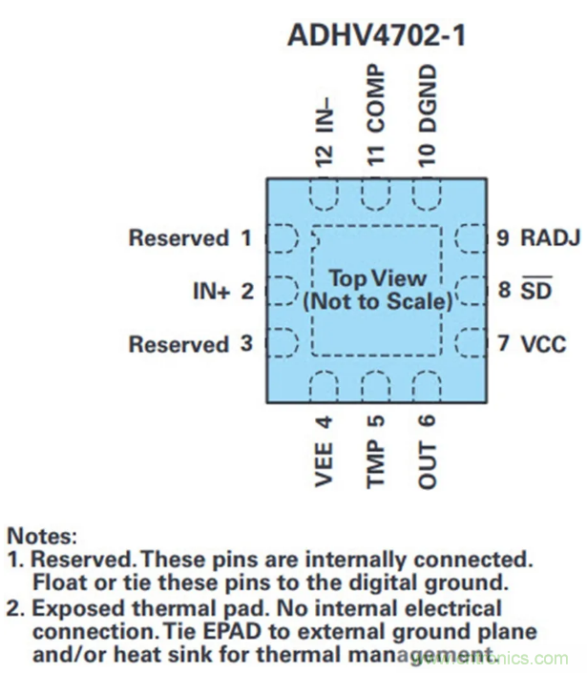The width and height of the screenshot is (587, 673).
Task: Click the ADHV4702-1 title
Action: click(x=377, y=37)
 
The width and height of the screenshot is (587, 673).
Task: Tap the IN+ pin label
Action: click(x=211, y=292)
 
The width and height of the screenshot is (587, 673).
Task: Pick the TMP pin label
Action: click(x=376, y=466)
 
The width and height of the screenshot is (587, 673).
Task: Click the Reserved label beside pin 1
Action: click(x=178, y=238)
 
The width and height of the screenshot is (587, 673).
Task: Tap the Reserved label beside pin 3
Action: click(x=178, y=344)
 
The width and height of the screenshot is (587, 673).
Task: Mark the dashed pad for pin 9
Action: click(x=472, y=237)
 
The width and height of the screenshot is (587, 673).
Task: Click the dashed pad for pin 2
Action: click(x=281, y=290)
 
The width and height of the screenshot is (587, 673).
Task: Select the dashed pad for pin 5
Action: click(x=376, y=386)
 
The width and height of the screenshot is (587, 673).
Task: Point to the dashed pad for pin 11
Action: click(x=376, y=194)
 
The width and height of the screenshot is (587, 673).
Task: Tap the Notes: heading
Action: click(x=42, y=537)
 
